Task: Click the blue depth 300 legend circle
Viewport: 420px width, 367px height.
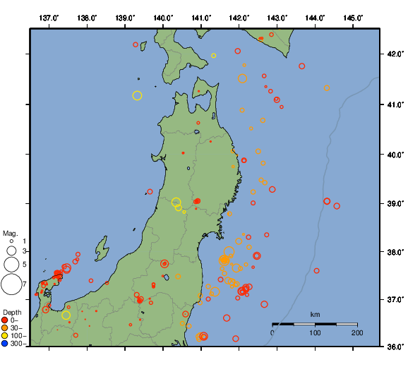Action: (5, 344)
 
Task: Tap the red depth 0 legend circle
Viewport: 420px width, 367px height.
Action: (5, 320)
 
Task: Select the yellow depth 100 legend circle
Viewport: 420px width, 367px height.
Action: (5, 336)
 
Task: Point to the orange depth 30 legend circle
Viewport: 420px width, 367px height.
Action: (5, 328)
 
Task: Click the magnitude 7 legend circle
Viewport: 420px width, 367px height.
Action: (11, 284)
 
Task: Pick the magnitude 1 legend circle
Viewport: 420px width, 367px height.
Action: (12, 241)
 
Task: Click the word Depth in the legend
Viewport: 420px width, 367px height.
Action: (12, 312)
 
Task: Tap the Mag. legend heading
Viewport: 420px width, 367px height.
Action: (10, 233)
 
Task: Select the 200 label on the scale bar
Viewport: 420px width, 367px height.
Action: (356, 332)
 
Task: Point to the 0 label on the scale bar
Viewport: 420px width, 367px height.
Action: (273, 332)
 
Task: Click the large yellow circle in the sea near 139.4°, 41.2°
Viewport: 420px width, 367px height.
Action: (137, 95)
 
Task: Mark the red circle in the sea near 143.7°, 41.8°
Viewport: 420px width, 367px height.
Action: (301, 66)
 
